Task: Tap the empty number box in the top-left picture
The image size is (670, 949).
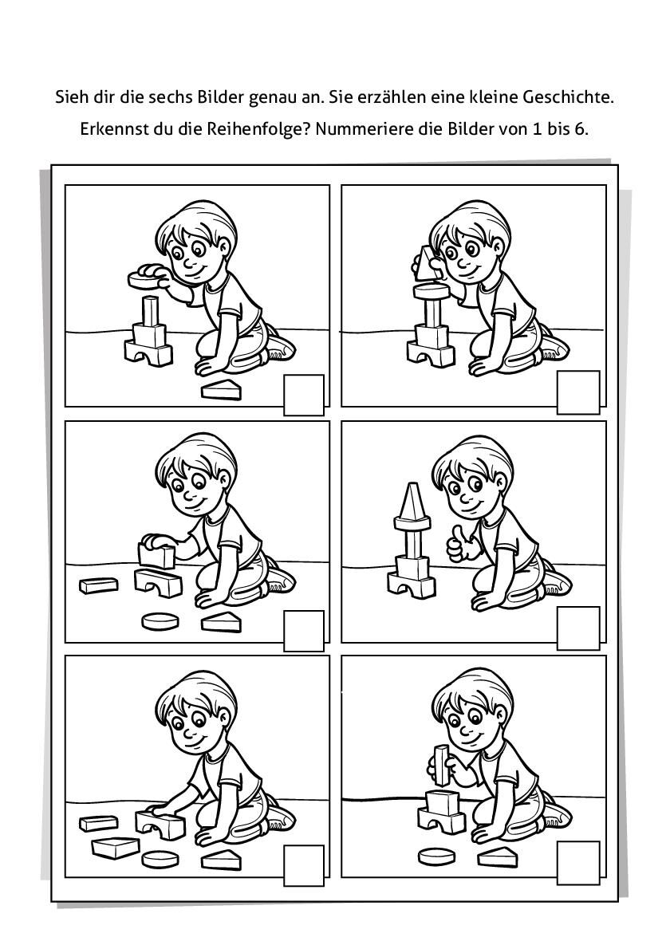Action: (304, 395)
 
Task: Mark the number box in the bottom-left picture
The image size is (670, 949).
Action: (304, 864)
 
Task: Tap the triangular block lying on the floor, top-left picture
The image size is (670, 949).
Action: (221, 390)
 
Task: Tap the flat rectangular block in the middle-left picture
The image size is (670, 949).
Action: (98, 585)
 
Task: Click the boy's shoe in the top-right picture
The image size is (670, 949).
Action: (553, 346)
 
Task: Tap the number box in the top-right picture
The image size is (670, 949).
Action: (578, 393)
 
